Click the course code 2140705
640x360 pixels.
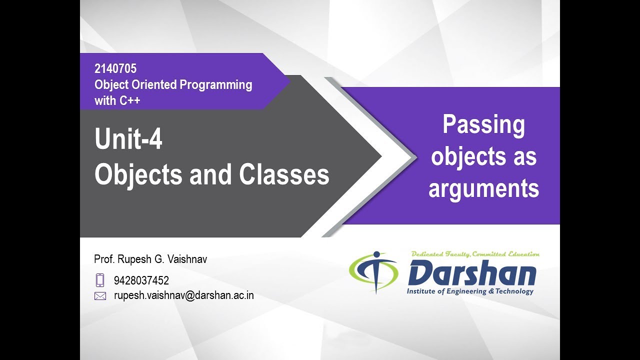coord(115,69)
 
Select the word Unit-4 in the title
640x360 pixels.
coord(128,140)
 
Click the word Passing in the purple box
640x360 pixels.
coord(483,125)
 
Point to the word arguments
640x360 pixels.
coord(483,189)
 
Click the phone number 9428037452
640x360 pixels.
coord(141,280)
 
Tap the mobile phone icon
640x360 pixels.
coord(100,280)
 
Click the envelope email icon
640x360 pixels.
coord(100,296)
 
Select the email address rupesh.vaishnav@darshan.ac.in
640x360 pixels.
coord(184,295)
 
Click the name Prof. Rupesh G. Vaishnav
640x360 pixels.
coord(150,259)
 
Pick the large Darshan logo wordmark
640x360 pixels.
coord(472,273)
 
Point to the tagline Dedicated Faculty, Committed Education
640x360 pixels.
coord(475,254)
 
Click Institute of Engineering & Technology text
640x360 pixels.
coord(470,291)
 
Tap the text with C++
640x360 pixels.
coord(117,100)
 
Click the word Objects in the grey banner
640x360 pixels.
coord(138,175)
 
